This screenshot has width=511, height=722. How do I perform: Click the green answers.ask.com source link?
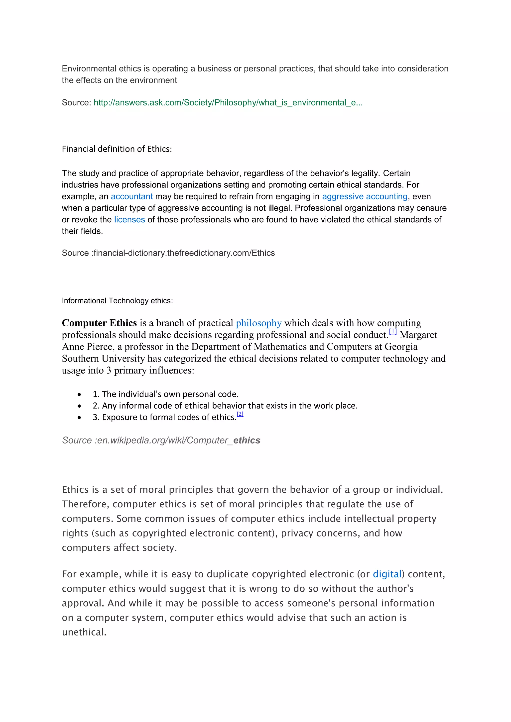coord(228,102)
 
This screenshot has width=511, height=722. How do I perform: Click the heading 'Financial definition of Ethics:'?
coord(117,149)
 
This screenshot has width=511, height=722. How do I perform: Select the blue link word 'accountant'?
coord(131,196)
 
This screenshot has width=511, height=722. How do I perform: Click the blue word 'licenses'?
coord(129,219)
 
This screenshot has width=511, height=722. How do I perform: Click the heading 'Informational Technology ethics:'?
coord(117,301)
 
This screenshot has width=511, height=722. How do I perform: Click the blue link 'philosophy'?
coord(259,323)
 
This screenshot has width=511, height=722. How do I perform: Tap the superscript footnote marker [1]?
coord(393,331)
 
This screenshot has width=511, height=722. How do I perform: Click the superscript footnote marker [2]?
coord(240,414)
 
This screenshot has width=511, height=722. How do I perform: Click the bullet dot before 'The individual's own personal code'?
coord(79,394)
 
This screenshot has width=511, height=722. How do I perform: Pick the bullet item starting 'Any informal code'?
coord(225,406)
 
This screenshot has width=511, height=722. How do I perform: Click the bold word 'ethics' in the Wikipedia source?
coord(247,440)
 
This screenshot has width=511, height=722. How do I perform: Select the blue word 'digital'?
coord(387,574)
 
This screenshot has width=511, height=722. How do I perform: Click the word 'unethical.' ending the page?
coord(84,632)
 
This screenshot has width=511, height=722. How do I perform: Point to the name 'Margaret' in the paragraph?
coord(418,335)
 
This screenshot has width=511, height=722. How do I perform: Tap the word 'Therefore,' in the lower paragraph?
coord(85,504)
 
